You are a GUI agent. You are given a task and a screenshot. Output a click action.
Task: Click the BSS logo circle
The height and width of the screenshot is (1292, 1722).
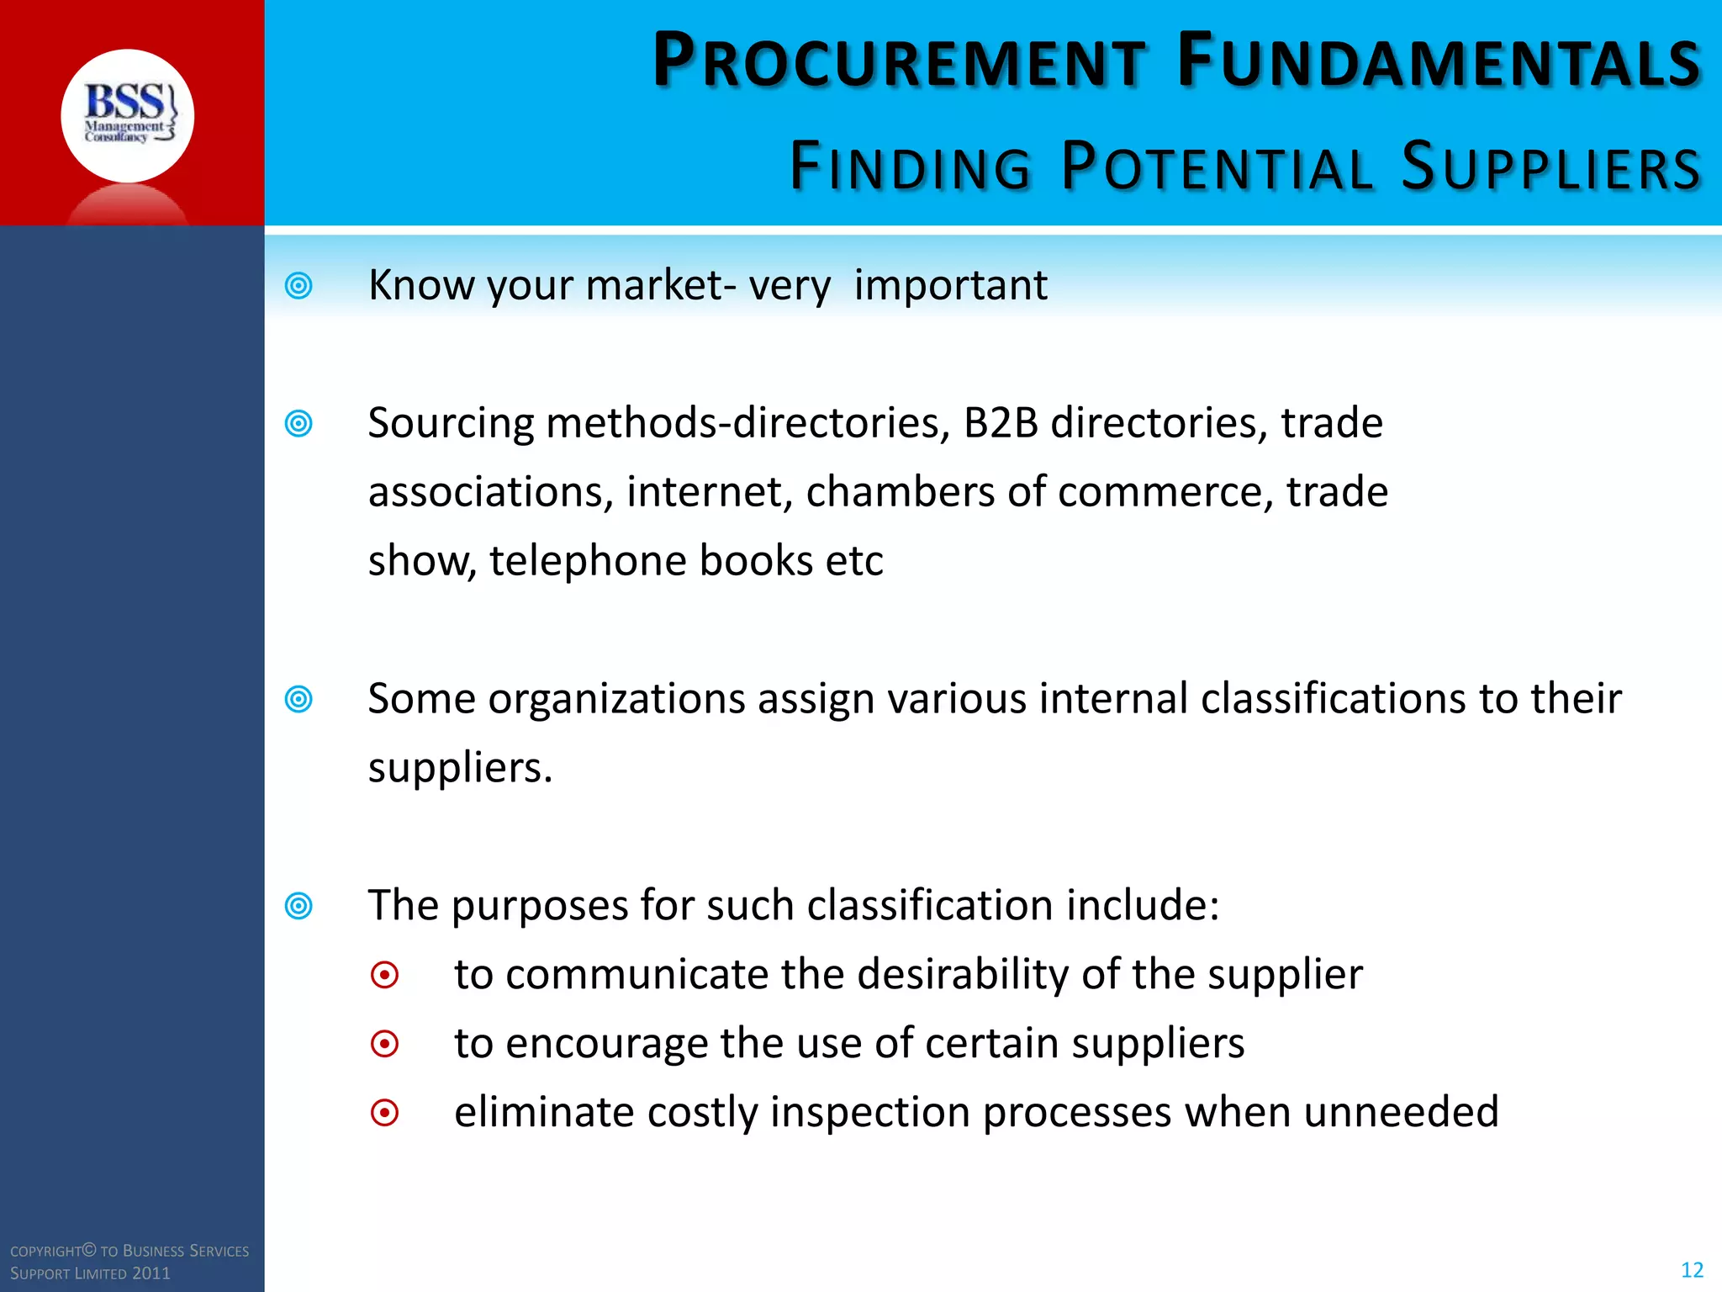point(128,116)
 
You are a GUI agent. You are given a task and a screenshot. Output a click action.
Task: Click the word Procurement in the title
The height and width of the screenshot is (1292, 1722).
point(898,61)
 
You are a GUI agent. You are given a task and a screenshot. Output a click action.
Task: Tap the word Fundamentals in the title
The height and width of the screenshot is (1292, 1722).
point(1439,61)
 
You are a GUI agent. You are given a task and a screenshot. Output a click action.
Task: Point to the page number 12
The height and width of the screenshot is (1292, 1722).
point(1692,1270)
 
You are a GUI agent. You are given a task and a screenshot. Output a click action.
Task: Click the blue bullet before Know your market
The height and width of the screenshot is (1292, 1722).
point(298,286)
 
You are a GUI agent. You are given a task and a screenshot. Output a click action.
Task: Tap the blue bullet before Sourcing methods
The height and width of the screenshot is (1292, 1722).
point(298,423)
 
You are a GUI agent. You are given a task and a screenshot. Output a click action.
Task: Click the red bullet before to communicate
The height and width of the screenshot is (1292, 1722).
point(384,976)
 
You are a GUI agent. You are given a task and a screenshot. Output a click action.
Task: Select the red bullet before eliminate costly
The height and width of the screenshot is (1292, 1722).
point(384,1114)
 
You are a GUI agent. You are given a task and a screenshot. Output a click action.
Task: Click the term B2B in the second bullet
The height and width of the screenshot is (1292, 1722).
point(1001,423)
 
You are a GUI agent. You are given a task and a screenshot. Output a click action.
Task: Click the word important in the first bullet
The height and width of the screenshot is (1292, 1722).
point(950,286)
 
